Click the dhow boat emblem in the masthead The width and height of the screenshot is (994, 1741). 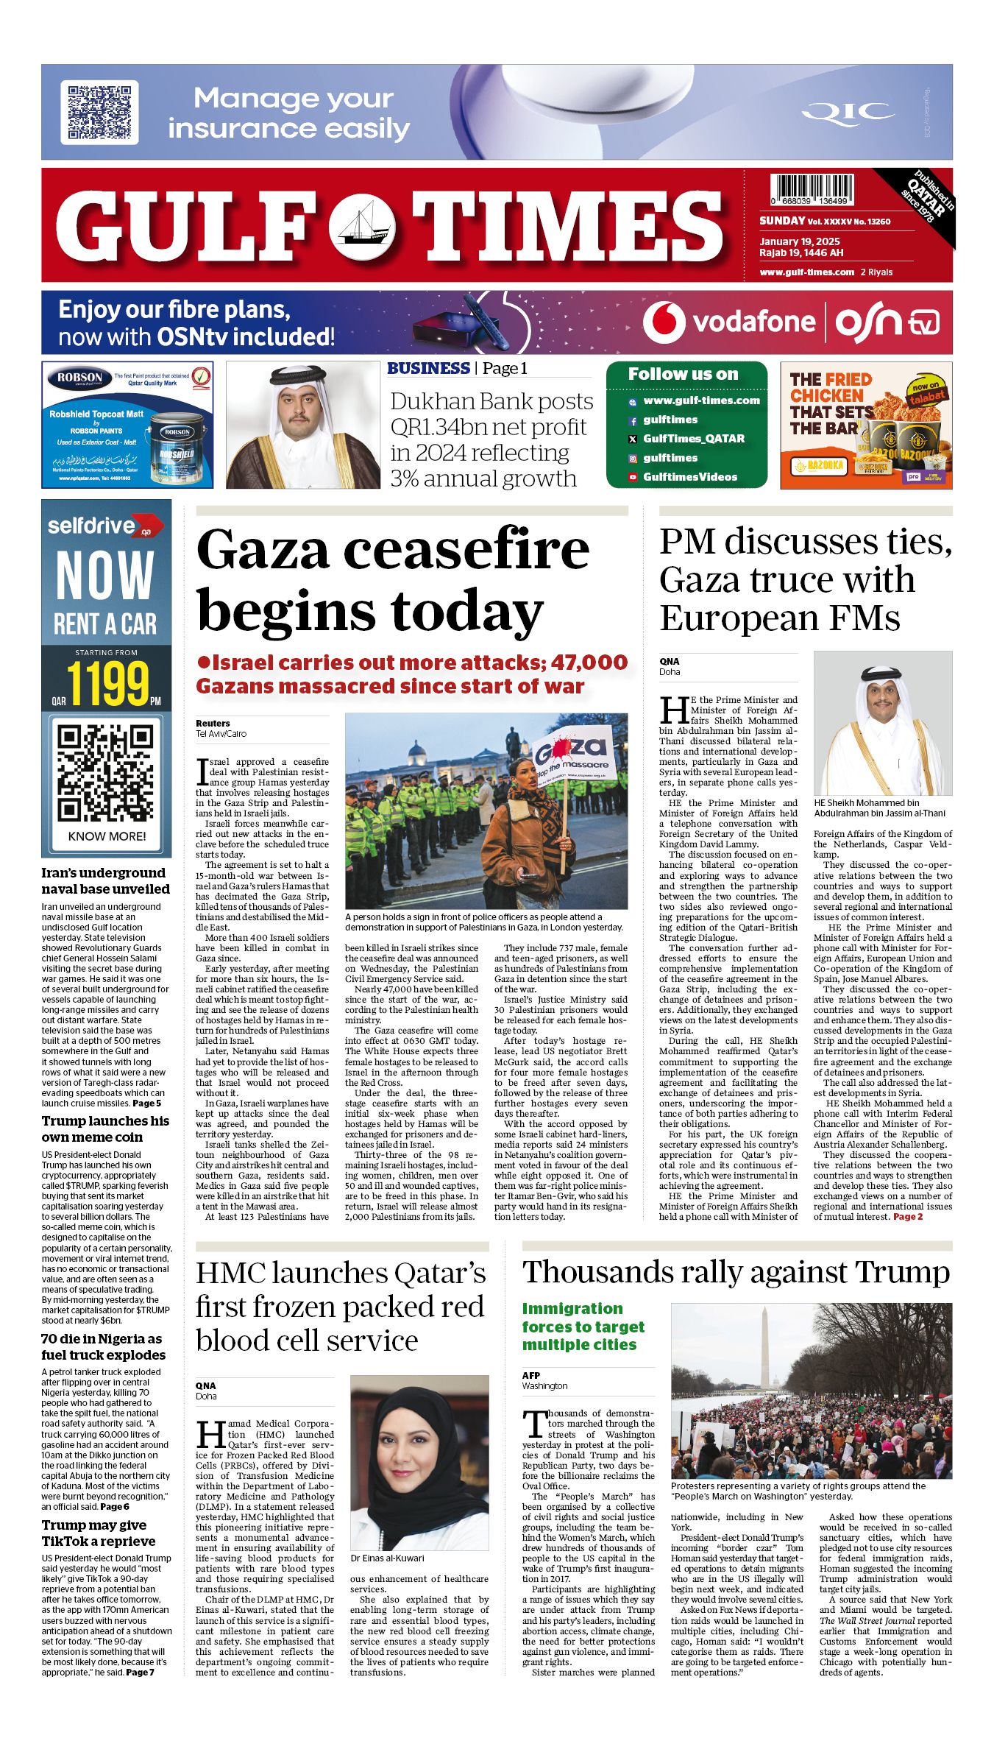[361, 225]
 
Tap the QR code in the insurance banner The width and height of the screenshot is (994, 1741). [99, 112]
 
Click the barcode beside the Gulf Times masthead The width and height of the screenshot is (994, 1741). [813, 190]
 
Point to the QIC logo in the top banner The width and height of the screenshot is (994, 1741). [848, 112]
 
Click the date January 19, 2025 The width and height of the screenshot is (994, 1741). [800, 241]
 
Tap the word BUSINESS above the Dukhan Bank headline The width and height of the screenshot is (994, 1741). [428, 368]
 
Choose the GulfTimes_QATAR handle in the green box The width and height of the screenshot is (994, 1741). [693, 439]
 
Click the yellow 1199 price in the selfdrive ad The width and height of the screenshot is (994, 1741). [108, 684]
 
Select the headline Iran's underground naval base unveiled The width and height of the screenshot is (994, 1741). [105, 880]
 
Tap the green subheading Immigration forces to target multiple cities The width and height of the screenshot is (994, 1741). [583, 1327]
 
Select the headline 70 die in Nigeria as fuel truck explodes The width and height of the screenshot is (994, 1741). [103, 1346]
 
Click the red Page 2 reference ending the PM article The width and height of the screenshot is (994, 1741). [908, 1217]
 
